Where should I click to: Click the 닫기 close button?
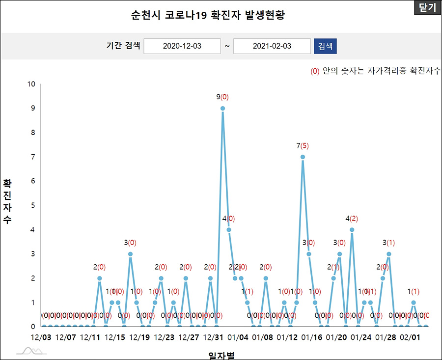coord(427,8)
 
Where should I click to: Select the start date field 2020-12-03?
coord(182,46)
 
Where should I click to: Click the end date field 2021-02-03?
coord(272,46)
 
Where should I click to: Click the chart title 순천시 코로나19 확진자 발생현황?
coord(208,15)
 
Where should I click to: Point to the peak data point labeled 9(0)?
coord(222,108)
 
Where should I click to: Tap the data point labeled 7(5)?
coord(303,157)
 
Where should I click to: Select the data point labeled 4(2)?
coord(352,229)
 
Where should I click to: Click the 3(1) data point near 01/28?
coord(388,254)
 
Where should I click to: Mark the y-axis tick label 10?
coord(31,84)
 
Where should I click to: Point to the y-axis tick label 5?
coord(33,205)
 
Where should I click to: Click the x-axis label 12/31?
coord(213,337)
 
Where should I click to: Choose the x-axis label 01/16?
coord(311,337)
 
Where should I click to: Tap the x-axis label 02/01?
coord(410,337)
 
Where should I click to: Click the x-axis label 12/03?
coord(41,337)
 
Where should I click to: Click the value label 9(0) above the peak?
coord(222,97)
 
